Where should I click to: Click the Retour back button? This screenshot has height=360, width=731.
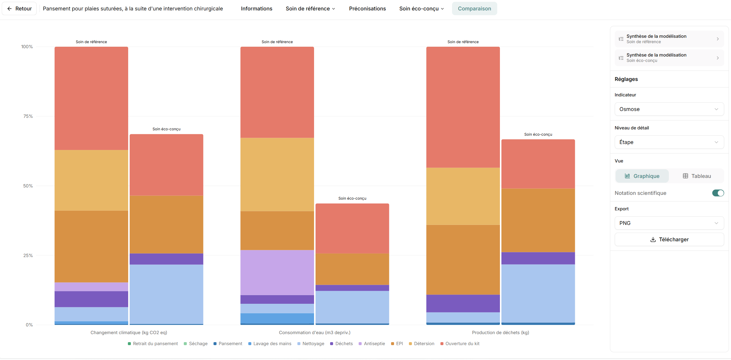[x=19, y=9]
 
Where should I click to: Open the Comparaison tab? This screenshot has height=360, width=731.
[x=474, y=9]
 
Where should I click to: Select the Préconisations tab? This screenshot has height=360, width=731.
[x=367, y=9]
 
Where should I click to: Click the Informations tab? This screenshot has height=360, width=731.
[x=256, y=9]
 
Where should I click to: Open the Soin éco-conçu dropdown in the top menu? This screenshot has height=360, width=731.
[x=421, y=9]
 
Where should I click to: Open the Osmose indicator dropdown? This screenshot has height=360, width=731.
[x=669, y=109]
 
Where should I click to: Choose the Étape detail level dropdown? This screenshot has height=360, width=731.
[x=669, y=142]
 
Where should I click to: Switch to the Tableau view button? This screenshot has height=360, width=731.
[x=697, y=176]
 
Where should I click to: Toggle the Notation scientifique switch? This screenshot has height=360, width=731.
[x=718, y=193]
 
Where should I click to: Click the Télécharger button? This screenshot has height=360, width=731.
[x=669, y=240]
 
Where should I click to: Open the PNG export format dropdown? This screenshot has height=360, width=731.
[x=669, y=223]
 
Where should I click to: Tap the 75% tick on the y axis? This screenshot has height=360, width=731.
[x=28, y=116]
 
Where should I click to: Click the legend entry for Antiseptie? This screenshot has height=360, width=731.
[x=372, y=344]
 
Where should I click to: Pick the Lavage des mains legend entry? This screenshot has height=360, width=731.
[x=270, y=344]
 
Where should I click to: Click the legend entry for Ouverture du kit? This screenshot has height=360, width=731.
[x=460, y=344]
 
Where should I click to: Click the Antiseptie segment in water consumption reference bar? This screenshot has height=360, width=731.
[x=277, y=273]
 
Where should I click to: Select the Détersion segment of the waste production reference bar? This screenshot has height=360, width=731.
[x=463, y=196]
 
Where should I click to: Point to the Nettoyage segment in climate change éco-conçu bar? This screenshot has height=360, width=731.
[x=167, y=294]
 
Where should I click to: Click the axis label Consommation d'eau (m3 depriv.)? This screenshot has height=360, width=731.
[x=315, y=333]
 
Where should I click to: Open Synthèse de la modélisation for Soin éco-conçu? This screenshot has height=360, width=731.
[x=669, y=58]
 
